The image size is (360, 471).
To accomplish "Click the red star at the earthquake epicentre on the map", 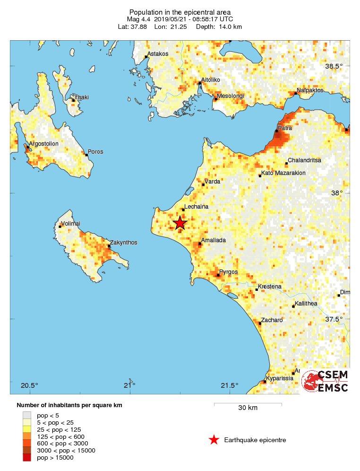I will coord(180,223).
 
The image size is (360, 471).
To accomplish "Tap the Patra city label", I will coord(284,128).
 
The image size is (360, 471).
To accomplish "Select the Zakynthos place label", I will coord(123,243).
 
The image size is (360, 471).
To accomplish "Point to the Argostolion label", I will coord(43,144).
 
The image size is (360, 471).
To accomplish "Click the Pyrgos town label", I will coord(229,272).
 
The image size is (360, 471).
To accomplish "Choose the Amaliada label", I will coord(214,240).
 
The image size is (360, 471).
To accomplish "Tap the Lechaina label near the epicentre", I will coord(196,206).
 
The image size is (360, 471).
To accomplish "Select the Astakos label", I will coord(158,54).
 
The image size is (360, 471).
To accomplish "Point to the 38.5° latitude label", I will coord(334,66).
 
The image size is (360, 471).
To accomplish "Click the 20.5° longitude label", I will coord(29,385).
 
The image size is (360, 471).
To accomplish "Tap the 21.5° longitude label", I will coord(230,385).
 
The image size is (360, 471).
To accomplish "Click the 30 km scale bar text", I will coord(248,408).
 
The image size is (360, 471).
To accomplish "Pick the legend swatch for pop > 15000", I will coord(27,457).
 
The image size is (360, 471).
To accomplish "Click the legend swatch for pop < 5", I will coord(27,415).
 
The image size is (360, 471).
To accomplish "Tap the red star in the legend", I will coord(214,440).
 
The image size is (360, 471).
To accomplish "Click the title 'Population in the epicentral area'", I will coord(180,12).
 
